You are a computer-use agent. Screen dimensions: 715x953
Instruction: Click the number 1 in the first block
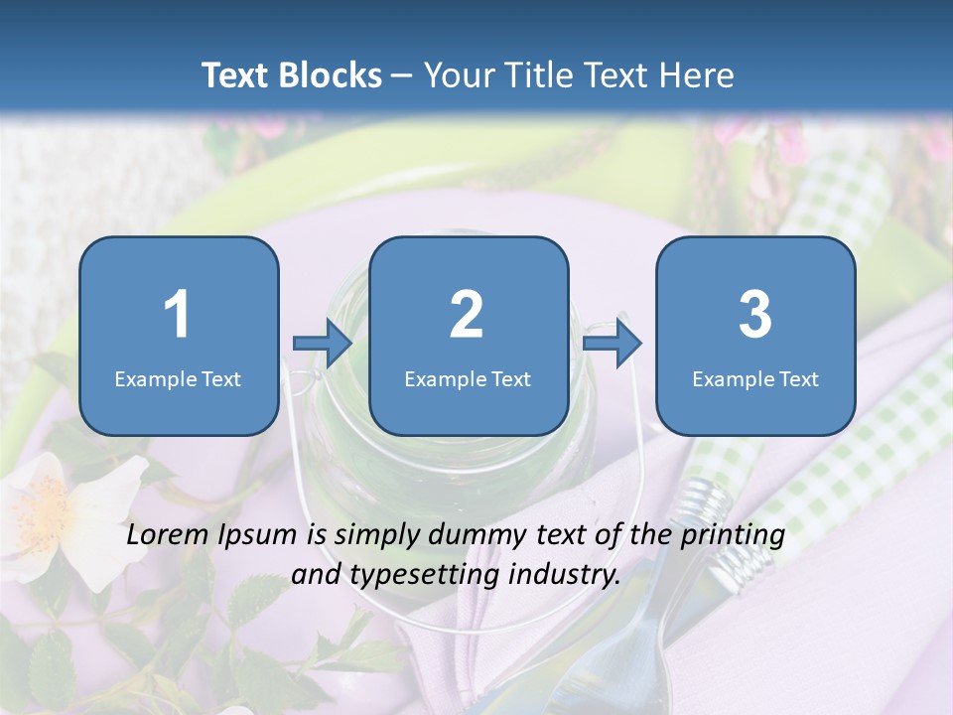pyautogui.click(x=178, y=315)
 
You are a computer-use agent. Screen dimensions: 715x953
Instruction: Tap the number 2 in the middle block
pyautogui.click(x=467, y=315)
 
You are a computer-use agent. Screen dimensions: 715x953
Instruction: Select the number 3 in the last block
pyautogui.click(x=755, y=315)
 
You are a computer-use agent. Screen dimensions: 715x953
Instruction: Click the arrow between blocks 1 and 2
pyautogui.click(x=323, y=344)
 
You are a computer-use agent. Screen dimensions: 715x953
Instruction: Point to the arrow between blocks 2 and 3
pyautogui.click(x=613, y=344)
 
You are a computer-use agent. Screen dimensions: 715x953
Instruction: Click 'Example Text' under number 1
pyautogui.click(x=178, y=378)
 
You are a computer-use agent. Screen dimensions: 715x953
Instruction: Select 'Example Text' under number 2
pyautogui.click(x=468, y=378)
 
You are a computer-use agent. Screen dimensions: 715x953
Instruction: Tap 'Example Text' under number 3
pyautogui.click(x=755, y=378)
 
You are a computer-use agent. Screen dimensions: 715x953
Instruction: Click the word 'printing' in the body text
pyautogui.click(x=733, y=535)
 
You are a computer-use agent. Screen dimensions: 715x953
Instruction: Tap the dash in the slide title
pyautogui.click(x=401, y=75)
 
